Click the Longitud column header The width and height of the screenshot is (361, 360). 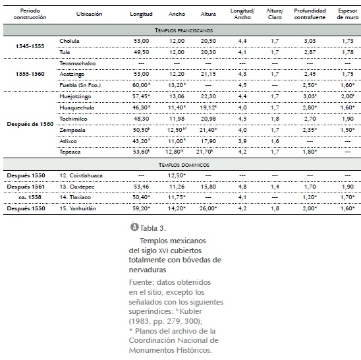[141, 14]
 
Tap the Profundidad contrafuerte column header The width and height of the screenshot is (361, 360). [310, 14]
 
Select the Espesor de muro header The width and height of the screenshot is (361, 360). [348, 14]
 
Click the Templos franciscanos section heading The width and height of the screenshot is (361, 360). [184, 30]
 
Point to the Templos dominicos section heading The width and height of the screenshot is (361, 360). [184, 165]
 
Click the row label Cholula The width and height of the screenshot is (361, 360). [69, 41]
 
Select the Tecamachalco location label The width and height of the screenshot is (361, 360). [77, 63]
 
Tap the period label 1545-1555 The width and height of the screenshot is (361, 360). [30, 46]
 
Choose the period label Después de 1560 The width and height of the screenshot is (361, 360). [30, 124]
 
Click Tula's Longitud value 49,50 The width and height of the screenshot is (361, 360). [142, 52]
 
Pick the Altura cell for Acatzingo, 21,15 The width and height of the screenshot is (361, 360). [208, 74]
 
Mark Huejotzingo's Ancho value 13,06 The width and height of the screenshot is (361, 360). [177, 96]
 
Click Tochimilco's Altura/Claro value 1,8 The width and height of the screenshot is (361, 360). [275, 119]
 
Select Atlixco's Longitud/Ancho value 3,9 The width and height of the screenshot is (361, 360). [242, 141]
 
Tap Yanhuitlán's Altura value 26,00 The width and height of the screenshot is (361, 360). [208, 208]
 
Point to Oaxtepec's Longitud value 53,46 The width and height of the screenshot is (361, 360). [142, 187]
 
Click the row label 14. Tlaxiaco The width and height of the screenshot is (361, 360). [75, 197]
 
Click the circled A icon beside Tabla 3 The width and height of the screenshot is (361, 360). [134, 227]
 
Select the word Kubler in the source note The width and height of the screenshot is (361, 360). [190, 311]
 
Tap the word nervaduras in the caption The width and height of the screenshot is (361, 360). [148, 270]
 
